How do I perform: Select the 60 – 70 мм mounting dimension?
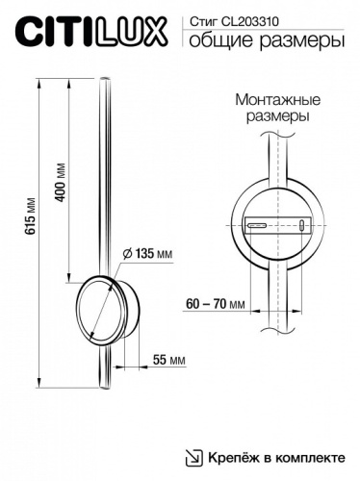pyautogui.click(x=213, y=305)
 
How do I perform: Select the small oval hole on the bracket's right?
pyautogui.click(x=304, y=225)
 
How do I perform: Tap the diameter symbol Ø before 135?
pyautogui.click(x=127, y=254)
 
